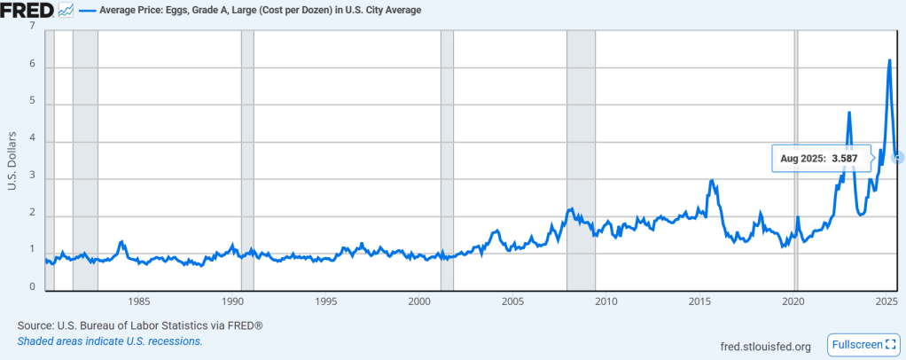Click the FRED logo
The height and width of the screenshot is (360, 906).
click(27, 11)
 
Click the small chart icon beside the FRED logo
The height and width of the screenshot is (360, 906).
click(66, 11)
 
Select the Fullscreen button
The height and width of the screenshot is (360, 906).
click(863, 344)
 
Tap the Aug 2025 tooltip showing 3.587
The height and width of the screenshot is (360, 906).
click(822, 158)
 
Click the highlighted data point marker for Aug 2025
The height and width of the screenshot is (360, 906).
click(898, 158)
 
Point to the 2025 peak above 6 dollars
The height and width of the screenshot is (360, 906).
click(889, 60)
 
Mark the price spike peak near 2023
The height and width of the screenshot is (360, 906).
click(849, 113)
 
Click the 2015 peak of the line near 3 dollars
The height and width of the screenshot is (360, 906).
click(712, 181)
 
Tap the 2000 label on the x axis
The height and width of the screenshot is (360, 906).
click(420, 301)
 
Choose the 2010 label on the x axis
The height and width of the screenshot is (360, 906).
click(606, 301)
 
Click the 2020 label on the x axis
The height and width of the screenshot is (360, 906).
click(793, 301)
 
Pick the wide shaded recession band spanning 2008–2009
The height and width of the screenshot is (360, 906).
click(581, 160)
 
